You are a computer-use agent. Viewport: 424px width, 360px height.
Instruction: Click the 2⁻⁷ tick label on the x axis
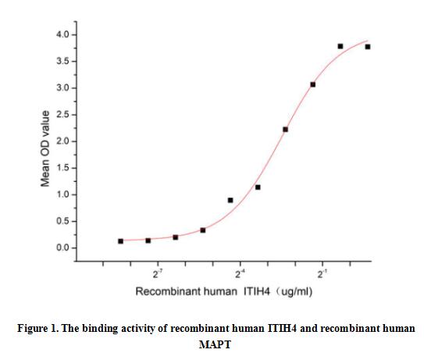[158, 274]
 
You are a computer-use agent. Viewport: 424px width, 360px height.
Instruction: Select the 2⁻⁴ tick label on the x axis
[241, 274]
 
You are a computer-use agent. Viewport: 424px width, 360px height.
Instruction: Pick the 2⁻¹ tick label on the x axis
[322, 274]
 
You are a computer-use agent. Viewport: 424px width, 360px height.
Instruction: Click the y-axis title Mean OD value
[45, 148]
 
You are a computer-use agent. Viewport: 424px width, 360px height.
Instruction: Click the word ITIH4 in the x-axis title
[251, 291]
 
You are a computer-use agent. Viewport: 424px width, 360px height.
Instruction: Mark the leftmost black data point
[120, 241]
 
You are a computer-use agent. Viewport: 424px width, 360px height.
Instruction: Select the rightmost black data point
[368, 47]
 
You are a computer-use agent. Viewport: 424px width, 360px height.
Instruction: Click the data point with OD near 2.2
[285, 130]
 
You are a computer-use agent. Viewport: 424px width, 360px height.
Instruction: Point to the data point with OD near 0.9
[230, 200]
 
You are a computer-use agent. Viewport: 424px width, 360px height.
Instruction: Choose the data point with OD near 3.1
[312, 84]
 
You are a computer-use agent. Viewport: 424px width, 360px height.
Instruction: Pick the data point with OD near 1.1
[258, 187]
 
